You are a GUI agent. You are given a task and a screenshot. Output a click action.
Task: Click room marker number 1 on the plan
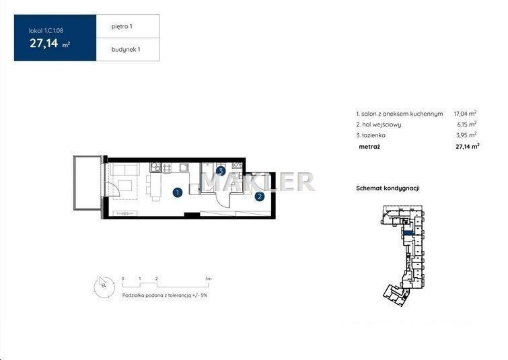pos(177,192)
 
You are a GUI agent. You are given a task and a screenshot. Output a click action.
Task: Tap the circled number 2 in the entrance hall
pos(259,196)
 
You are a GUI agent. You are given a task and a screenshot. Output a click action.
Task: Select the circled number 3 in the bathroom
pos(221,171)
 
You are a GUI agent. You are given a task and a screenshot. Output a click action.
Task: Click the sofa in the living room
pos(125,170)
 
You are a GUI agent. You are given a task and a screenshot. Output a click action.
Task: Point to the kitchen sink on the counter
pos(184,167)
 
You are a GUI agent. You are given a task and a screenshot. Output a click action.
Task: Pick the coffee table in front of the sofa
pos(124,186)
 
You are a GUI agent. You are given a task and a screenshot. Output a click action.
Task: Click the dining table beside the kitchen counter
pos(156,187)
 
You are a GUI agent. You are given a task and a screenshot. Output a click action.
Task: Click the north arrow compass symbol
pos(104,287)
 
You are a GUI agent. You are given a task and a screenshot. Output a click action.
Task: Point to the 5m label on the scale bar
pos(209,279)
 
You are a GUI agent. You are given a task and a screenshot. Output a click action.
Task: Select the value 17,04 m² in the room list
pos(465,114)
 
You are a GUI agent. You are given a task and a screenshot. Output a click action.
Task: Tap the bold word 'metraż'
pos(369,147)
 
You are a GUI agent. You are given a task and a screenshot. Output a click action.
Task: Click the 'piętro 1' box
pos(128,26)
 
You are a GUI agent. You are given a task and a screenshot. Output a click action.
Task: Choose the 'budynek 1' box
pos(128,49)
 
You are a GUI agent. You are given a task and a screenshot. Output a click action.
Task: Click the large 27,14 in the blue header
pos(44,43)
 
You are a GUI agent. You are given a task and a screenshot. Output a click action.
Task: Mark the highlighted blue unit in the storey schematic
pos(408,233)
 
